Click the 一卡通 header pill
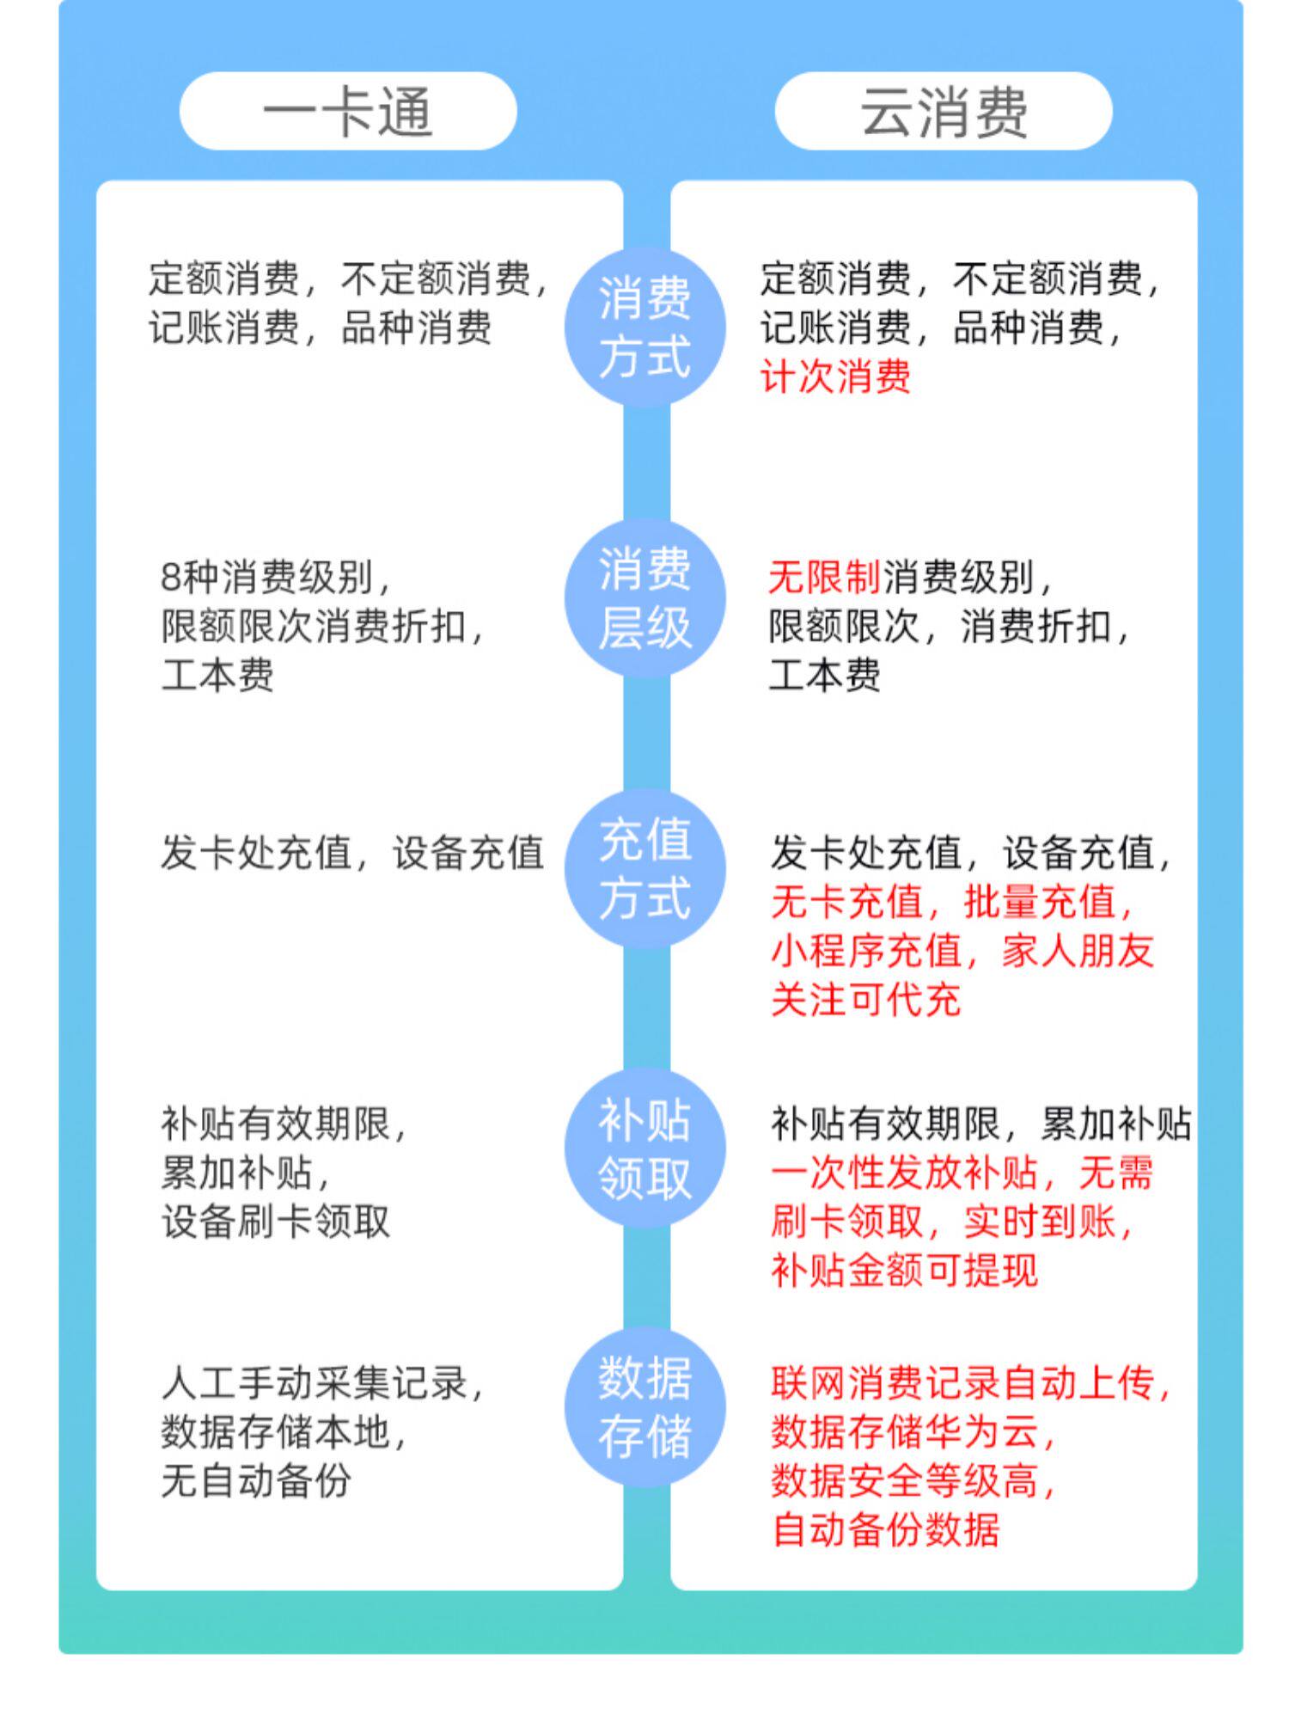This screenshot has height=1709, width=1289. click(347, 111)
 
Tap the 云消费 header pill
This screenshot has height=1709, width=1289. click(943, 111)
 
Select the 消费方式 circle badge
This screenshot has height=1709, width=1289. click(644, 328)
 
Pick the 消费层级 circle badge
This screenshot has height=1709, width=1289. click(644, 598)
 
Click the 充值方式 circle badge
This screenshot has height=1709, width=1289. click(644, 869)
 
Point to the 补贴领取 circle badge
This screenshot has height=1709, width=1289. click(644, 1149)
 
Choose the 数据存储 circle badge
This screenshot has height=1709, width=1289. click(644, 1407)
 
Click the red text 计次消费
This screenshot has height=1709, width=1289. click(835, 377)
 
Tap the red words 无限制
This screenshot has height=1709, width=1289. click(823, 577)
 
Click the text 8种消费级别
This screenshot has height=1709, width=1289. click(275, 577)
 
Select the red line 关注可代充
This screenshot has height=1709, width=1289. click(865, 1000)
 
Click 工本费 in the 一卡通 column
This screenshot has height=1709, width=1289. click(217, 675)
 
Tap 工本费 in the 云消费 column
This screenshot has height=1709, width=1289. click(824, 675)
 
